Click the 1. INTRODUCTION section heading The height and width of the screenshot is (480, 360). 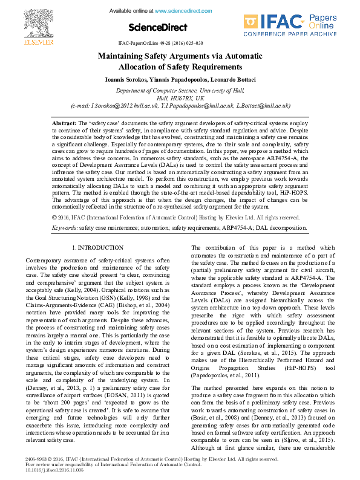(x=97, y=248)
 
